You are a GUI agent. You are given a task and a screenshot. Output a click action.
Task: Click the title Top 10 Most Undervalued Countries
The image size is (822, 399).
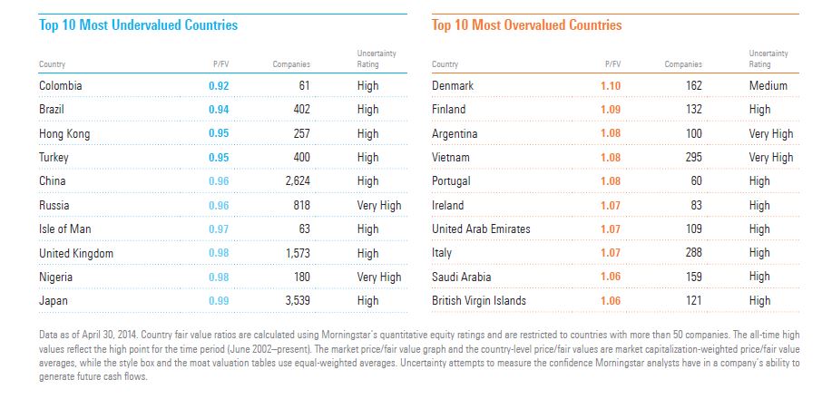[x=138, y=25]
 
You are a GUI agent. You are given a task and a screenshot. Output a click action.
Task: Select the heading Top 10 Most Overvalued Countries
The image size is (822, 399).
[x=526, y=25]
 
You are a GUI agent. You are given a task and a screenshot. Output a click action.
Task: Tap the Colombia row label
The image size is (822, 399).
[x=61, y=86]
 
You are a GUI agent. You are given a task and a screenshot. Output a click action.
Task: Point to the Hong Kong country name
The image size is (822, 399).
[x=65, y=134]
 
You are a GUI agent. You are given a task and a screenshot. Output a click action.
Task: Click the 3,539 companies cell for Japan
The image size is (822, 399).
[x=293, y=301]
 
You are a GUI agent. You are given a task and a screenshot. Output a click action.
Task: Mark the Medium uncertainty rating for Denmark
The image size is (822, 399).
[x=768, y=86]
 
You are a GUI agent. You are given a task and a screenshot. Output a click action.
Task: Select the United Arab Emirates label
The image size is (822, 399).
[x=483, y=229]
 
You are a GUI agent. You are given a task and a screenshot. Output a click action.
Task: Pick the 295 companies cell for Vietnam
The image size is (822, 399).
[x=693, y=158]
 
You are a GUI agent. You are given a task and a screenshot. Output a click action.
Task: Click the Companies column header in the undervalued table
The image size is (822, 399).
[x=291, y=64]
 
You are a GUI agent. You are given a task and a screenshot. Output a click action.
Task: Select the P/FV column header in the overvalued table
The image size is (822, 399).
[x=612, y=64]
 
